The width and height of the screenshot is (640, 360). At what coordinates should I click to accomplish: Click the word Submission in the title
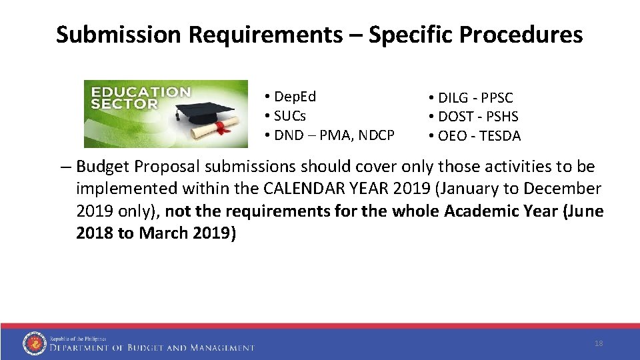[117, 35]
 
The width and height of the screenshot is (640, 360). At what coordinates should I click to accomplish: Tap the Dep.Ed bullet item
[293, 97]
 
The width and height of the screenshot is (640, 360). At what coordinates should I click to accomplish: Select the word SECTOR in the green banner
[125, 104]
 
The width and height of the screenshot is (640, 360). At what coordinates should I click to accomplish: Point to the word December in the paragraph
[564, 189]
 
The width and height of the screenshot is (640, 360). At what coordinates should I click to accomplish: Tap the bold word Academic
[483, 211]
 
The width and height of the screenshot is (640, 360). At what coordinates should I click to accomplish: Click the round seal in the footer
[34, 343]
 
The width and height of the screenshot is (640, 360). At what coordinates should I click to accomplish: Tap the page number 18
[598, 343]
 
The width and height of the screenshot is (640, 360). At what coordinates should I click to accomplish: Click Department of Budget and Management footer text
[152, 347]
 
